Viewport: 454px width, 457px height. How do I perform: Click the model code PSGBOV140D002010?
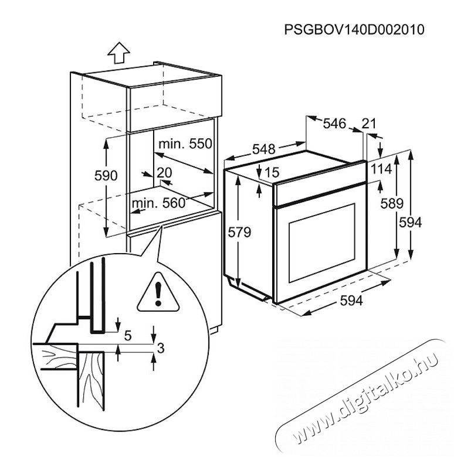pyautogui.click(x=354, y=29)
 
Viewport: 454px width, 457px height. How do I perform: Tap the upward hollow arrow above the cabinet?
pyautogui.click(x=118, y=53)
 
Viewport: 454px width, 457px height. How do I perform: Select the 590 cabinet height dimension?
pyautogui.click(x=106, y=176)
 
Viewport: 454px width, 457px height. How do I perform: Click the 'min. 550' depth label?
pyautogui.click(x=185, y=144)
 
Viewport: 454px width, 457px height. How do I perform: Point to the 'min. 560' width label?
pyautogui.click(x=159, y=203)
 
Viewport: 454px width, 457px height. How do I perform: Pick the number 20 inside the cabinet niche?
pyautogui.click(x=164, y=173)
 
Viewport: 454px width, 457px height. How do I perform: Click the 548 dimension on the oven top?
pyautogui.click(x=264, y=149)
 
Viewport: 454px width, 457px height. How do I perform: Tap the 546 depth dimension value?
pyautogui.click(x=334, y=124)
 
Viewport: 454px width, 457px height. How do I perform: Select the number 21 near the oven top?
pyautogui.click(x=369, y=124)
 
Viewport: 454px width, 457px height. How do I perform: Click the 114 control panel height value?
pyautogui.click(x=381, y=169)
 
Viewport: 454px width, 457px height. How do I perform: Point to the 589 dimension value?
pyautogui.click(x=392, y=203)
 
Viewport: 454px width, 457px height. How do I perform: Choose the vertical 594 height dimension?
pyautogui.click(x=410, y=223)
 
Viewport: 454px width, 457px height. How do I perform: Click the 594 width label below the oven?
pyautogui.click(x=351, y=301)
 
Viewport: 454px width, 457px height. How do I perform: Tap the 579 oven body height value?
pyautogui.click(x=239, y=233)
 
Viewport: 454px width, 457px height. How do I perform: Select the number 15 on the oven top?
pyautogui.click(x=272, y=172)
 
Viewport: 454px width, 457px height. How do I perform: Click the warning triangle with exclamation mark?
pyautogui.click(x=158, y=293)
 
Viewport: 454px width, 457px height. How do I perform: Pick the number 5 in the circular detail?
pyautogui.click(x=128, y=336)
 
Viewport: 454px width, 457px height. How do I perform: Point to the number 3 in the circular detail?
pyautogui.click(x=161, y=348)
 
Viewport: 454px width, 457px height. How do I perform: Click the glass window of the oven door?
pyautogui.click(x=322, y=243)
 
